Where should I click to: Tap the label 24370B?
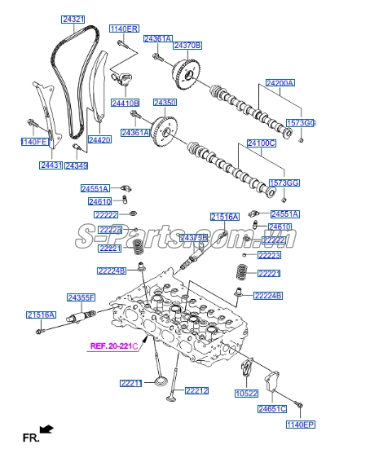(x=187, y=45)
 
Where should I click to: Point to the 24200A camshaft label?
(x=280, y=83)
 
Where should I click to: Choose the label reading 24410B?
(x=126, y=103)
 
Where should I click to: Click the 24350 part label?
(x=165, y=103)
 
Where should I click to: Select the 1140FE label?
(x=34, y=142)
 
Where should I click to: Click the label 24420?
(x=99, y=140)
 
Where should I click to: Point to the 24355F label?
(x=81, y=297)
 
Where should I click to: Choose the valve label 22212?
(x=196, y=390)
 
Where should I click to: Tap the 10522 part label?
(x=246, y=394)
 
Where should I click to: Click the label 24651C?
(x=272, y=408)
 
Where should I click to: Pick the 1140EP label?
(x=301, y=425)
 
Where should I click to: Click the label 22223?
(x=269, y=255)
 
